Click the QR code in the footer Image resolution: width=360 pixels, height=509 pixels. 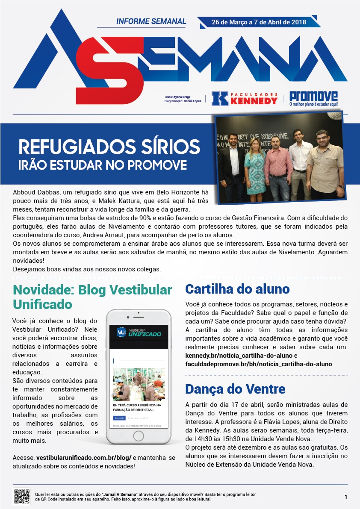[22, 496]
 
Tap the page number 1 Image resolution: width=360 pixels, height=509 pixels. [345, 497]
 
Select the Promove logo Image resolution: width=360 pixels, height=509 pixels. [313, 98]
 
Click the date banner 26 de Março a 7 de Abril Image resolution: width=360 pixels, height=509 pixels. [259, 22]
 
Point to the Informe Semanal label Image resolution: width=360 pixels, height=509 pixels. [151, 21]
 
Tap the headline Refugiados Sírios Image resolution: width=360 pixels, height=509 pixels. [109, 147]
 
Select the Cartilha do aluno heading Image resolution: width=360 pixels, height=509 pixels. [237, 289]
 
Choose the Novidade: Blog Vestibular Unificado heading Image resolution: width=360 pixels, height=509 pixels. [92, 297]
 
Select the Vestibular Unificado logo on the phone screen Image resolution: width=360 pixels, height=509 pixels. [139, 332]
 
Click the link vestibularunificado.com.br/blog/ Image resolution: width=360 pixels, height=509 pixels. [84, 457]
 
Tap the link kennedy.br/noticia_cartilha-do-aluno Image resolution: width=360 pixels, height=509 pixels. [239, 356]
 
